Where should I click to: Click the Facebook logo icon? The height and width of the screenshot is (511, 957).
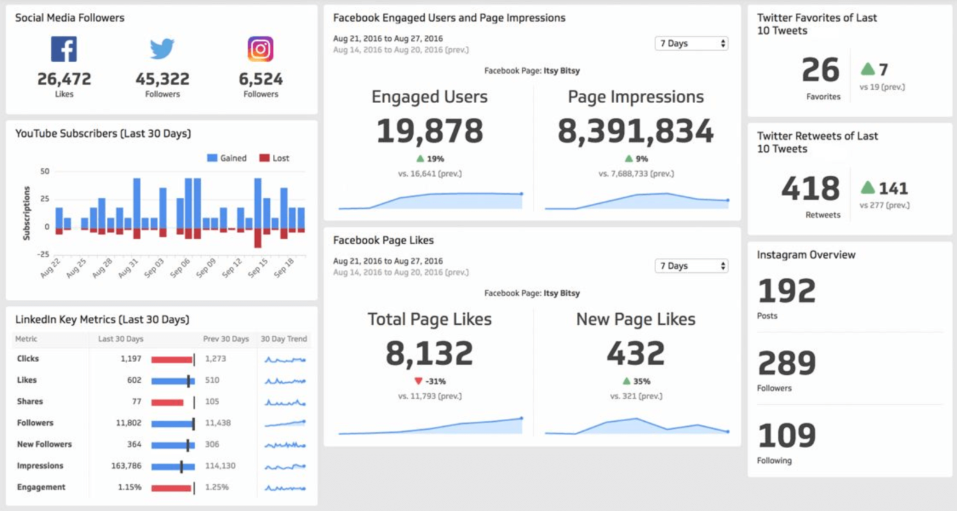tap(64, 49)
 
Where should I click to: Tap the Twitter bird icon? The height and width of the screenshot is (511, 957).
tap(162, 49)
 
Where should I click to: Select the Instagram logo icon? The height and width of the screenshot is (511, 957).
tap(261, 49)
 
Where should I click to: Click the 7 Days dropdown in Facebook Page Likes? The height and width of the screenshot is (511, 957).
tap(691, 266)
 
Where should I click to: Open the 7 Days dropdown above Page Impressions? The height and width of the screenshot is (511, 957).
tap(691, 44)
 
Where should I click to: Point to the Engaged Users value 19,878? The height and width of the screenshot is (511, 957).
tap(430, 131)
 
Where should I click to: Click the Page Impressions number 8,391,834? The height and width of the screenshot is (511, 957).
tap(635, 131)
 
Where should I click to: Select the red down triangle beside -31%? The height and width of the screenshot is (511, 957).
tap(418, 381)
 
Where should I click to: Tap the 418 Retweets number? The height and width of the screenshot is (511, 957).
tap(811, 189)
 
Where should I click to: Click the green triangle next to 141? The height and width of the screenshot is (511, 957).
tap(867, 188)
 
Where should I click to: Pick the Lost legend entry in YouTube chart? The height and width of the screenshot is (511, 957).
tap(274, 158)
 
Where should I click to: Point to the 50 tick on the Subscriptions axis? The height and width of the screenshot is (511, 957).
tap(45, 172)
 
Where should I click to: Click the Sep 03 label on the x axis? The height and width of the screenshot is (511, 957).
tap(154, 268)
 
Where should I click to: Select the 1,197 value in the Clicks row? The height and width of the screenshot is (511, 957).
tap(131, 359)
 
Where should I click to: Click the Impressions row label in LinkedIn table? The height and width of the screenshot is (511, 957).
tap(40, 466)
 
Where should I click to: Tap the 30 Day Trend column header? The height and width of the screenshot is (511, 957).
tap(284, 339)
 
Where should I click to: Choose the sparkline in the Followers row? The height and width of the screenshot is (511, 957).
tap(285, 423)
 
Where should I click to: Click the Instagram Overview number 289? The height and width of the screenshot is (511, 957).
tap(787, 364)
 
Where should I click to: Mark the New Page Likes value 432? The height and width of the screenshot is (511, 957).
tap(635, 353)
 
